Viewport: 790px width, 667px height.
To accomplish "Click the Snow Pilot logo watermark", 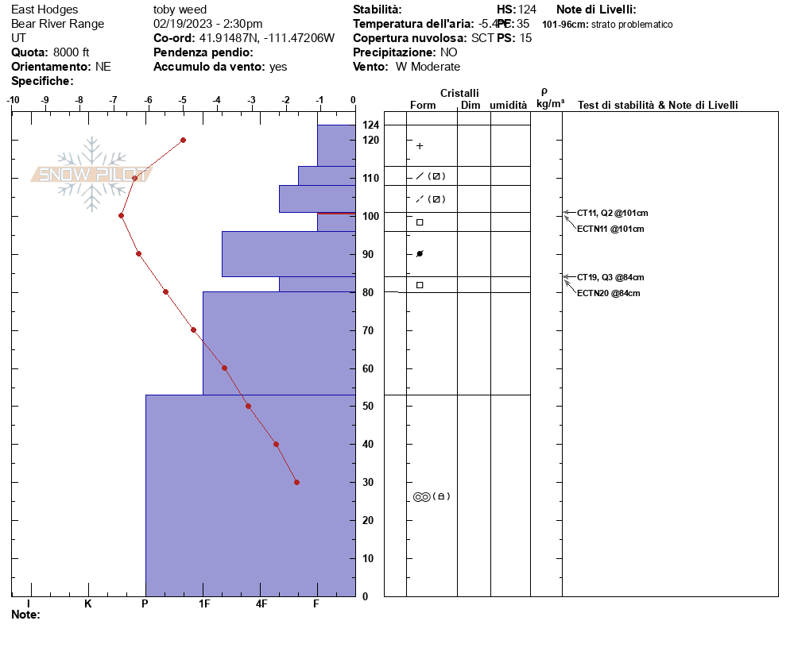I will tap(91, 175).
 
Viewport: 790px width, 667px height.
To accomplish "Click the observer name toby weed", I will tap(180, 10).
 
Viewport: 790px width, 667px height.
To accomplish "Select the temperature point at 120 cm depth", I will tap(183, 140).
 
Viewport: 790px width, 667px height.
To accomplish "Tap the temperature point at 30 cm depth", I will tap(296, 482).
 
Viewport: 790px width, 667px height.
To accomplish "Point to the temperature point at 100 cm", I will tap(121, 215).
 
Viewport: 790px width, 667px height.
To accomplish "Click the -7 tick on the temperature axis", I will tap(113, 100).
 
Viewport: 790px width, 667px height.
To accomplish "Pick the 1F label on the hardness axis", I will tap(203, 604).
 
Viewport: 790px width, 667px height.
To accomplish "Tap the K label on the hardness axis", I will tap(88, 604).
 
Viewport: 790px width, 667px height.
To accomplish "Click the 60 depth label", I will tap(368, 368).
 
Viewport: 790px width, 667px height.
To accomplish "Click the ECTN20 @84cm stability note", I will tap(608, 293).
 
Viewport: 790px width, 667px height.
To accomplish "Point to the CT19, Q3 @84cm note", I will tap(610, 277).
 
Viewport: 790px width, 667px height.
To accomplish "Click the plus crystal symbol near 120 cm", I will tap(420, 146).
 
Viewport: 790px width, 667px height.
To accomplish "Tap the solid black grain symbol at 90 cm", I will tap(420, 254).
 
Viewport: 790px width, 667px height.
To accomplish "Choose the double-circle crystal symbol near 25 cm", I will tap(421, 496).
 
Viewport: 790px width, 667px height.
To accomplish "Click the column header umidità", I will tap(508, 105).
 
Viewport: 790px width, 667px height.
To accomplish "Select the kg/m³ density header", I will tap(550, 104).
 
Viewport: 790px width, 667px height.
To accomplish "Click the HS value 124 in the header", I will tap(527, 10).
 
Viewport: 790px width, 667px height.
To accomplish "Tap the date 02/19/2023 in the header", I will tap(181, 24).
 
